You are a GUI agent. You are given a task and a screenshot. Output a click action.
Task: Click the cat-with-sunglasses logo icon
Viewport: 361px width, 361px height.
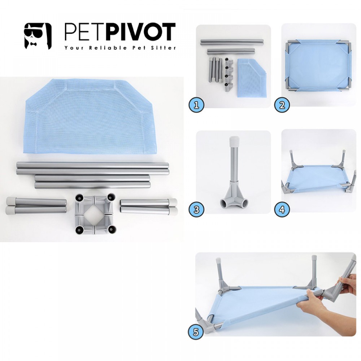(38, 36)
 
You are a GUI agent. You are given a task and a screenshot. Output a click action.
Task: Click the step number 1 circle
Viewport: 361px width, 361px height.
(196, 105)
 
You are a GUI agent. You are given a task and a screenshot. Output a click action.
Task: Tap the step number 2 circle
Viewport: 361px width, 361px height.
(282, 105)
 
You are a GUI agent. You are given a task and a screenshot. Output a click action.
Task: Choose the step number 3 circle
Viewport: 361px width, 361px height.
(196, 209)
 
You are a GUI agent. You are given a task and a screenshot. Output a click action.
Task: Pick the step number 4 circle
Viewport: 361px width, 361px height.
(282, 209)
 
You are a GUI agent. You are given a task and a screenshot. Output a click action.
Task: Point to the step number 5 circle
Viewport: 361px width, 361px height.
(196, 332)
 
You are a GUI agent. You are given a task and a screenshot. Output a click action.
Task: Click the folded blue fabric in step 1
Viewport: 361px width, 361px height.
(252, 77)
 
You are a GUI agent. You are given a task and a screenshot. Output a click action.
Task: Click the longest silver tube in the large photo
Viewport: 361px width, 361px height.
(92, 166)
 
